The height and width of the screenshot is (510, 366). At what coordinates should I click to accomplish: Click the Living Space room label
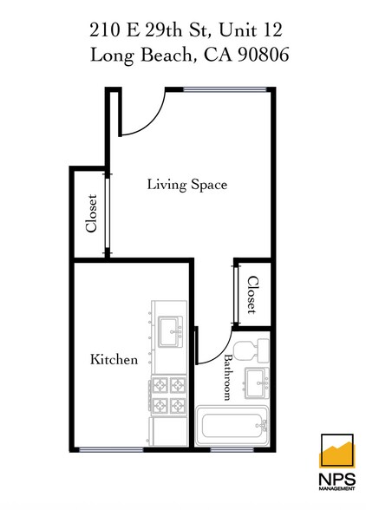pos(186,185)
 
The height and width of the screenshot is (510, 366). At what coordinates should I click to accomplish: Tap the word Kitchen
pos(115,359)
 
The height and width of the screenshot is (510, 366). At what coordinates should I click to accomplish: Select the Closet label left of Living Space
pos(91,213)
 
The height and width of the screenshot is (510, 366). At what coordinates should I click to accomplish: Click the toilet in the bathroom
pos(253,350)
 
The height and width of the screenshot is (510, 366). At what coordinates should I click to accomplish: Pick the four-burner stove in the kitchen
pos(168,396)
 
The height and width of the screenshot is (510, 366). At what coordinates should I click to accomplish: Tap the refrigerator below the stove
pos(168,432)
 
